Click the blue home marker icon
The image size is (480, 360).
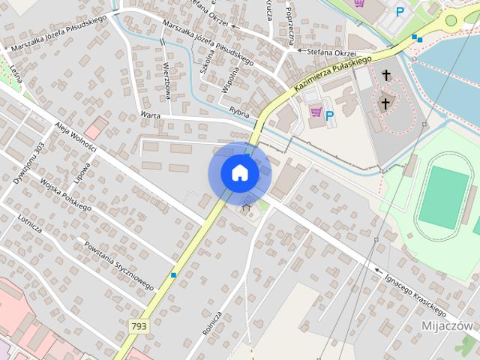239,172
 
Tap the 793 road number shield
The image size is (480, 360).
139,326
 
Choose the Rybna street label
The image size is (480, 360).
238,111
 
